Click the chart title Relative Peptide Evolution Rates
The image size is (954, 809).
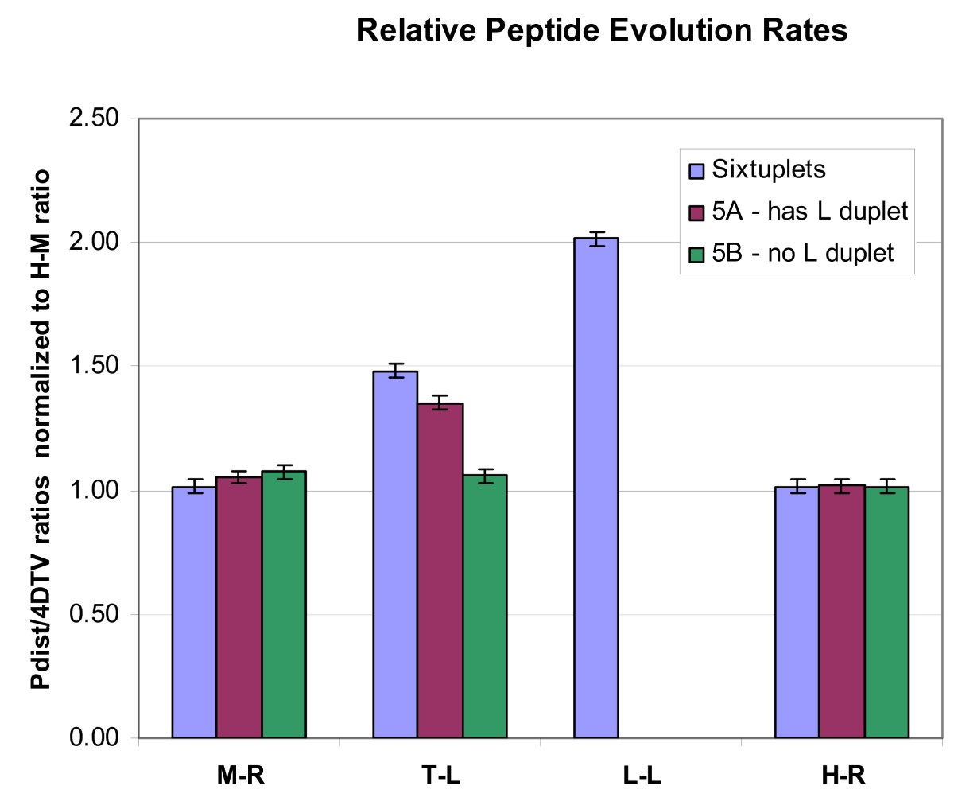602,30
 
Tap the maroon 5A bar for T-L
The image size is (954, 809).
440,570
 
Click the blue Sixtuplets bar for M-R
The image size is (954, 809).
194,613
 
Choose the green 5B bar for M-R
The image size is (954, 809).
284,605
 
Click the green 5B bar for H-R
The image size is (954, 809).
886,613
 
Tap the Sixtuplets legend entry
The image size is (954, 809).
768,169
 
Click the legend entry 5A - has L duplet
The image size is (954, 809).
809,211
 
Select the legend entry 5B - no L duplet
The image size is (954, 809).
802,253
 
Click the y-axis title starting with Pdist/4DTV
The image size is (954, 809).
41,430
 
